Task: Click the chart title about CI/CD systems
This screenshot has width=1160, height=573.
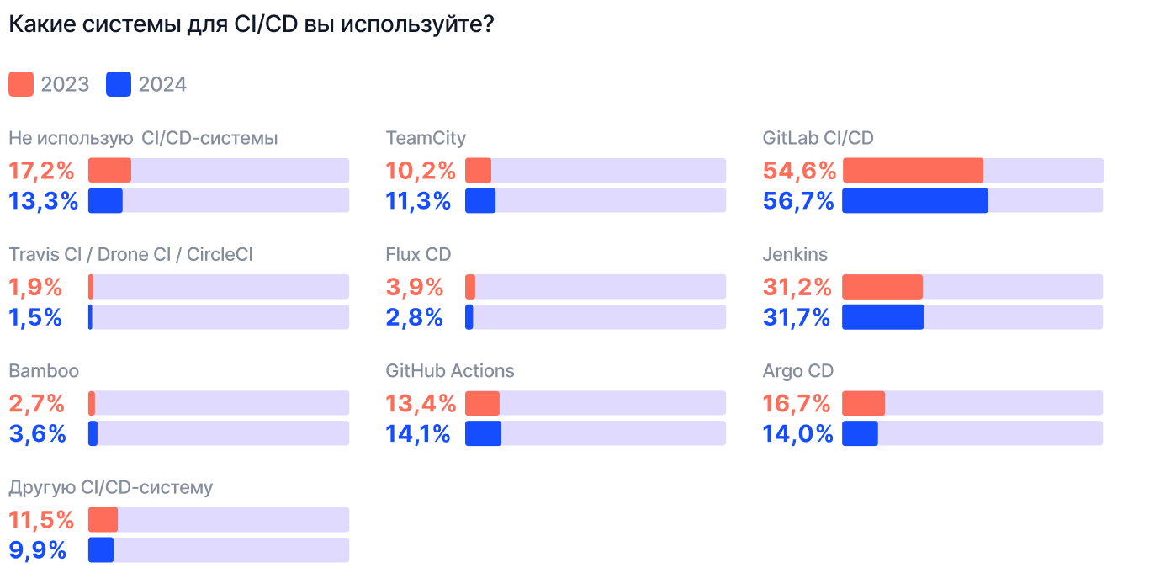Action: coord(251,24)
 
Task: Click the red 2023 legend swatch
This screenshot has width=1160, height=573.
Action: coord(21,84)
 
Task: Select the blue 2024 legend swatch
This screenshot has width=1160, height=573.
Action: coord(119,84)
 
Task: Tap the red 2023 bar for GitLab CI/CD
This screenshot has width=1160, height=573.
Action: coord(913,170)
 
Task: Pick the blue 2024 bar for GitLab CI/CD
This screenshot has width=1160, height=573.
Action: coord(915,200)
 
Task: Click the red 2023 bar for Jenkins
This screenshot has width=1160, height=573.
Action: coord(882,287)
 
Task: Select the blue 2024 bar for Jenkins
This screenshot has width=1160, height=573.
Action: coord(883,317)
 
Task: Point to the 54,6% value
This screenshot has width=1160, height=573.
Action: coord(799,171)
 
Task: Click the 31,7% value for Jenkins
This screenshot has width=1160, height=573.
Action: coord(797,318)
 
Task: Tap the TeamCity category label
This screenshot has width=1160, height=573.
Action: coord(426,138)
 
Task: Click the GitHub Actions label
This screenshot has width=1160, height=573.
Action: coord(450,370)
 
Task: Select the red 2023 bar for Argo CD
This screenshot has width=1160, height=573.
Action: coord(864,403)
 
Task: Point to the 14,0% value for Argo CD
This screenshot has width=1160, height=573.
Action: coord(798,434)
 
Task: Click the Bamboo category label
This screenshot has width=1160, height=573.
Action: coord(44,370)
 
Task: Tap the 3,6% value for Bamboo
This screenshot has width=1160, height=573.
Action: coord(37,434)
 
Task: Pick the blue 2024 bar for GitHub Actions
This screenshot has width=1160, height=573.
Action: coord(483,433)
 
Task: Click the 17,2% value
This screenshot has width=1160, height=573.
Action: coord(41,171)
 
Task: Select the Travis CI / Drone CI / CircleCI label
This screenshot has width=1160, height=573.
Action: coord(130,254)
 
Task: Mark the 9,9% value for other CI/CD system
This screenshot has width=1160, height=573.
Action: coord(37,550)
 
